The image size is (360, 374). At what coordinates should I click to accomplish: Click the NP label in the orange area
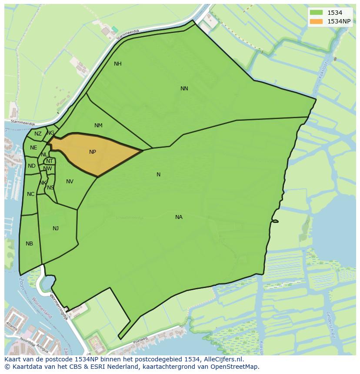(93, 152)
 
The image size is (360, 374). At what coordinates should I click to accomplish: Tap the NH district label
(117, 64)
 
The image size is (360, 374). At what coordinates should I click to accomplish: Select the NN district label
(184, 89)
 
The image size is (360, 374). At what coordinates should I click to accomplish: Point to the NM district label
(98, 126)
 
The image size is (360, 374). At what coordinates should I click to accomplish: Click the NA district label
(179, 217)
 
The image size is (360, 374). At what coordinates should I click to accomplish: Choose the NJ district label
(56, 228)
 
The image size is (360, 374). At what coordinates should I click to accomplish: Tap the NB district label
(29, 244)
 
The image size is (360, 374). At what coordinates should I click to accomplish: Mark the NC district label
(30, 194)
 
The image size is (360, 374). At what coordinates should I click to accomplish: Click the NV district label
(70, 182)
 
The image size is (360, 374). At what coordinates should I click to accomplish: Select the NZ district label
(38, 134)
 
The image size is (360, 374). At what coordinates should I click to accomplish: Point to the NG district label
(51, 133)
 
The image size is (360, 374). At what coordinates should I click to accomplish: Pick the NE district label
(33, 148)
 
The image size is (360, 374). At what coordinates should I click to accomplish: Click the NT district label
(50, 161)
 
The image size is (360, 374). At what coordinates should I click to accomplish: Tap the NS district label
(50, 188)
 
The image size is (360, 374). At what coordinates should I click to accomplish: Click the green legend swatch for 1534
(317, 13)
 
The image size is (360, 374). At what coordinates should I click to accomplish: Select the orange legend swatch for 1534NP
(317, 21)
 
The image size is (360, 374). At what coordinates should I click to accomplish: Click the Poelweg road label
(140, 340)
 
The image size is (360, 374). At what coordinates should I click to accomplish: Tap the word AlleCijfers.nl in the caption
(223, 360)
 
